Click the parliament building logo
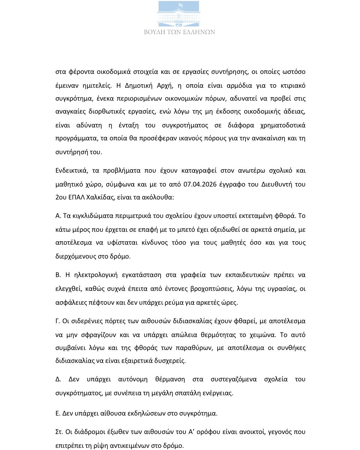coord(179,14)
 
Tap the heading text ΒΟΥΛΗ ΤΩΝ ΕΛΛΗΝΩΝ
coord(179,32)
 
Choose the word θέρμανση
coord(170,379)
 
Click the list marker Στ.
coord(59,432)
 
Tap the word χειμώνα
coord(260,335)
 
